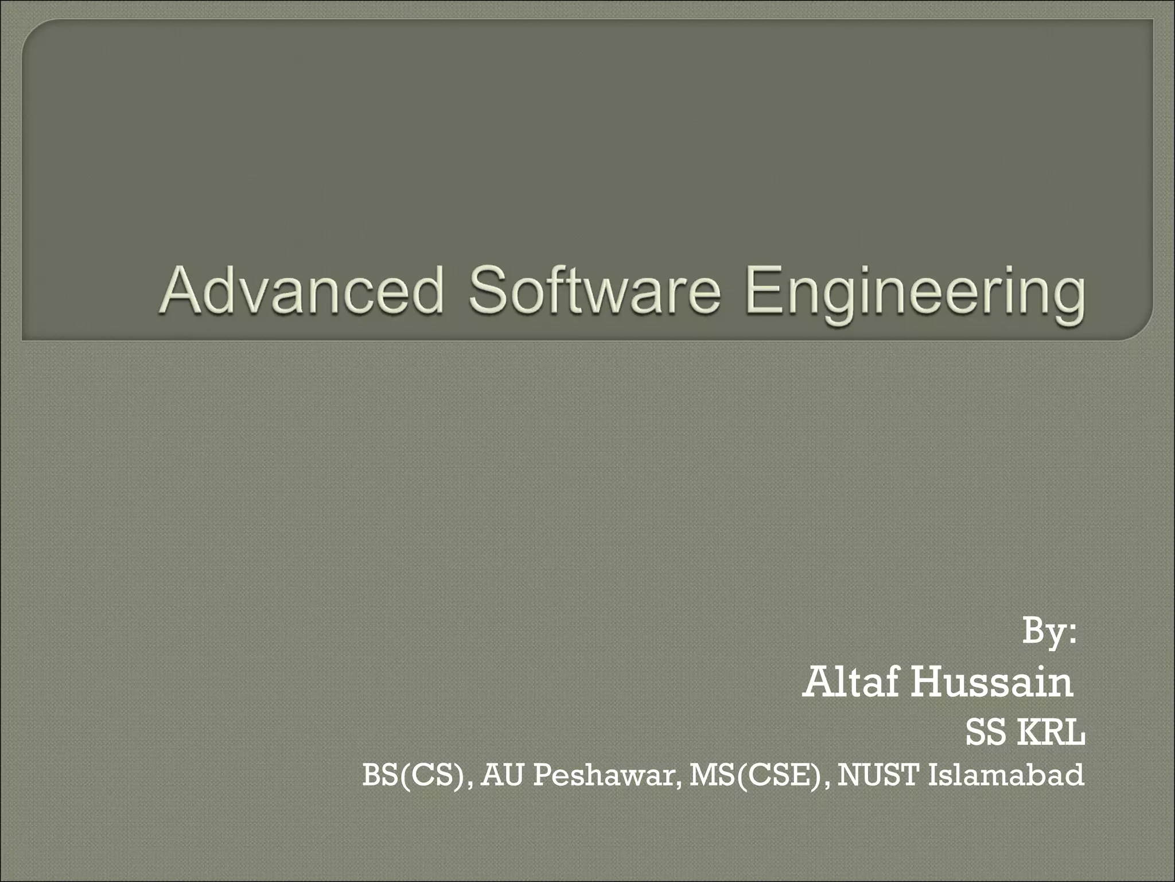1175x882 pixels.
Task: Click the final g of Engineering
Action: [1069, 299]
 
